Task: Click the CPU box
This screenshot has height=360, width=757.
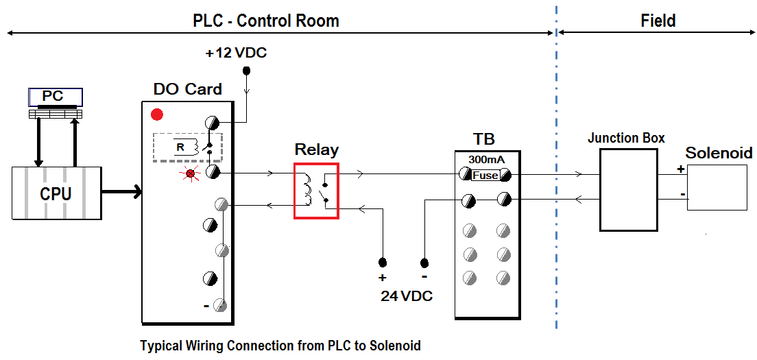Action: (x=56, y=193)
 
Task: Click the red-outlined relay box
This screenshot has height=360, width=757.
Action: (x=316, y=191)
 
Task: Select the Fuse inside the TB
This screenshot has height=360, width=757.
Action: (x=485, y=176)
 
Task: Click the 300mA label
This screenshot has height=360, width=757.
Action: (x=487, y=159)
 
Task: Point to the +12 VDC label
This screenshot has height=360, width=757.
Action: (x=235, y=53)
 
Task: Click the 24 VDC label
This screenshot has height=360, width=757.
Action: (x=407, y=296)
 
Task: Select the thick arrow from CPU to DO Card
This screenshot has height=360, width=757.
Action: (x=121, y=192)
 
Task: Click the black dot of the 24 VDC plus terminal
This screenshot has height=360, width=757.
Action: (x=383, y=263)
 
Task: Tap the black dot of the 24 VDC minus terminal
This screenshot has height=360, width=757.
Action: (x=424, y=263)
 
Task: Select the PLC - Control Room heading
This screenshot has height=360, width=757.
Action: (x=265, y=21)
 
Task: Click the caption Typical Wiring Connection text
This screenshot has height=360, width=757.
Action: (x=280, y=346)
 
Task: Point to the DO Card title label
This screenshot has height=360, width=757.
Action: (x=187, y=89)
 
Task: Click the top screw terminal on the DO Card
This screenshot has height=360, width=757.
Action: (x=213, y=122)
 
